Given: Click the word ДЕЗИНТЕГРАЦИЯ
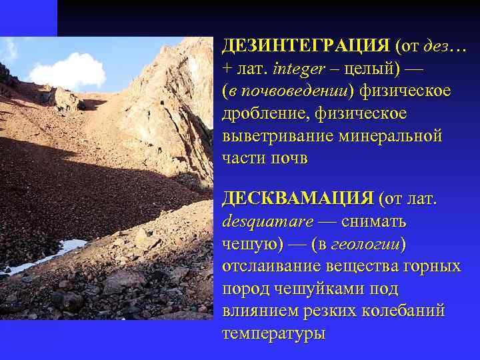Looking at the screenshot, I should click(x=305, y=46).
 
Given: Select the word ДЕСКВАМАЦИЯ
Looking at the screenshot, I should click(x=297, y=198).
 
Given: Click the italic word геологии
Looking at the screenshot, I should click(x=367, y=243).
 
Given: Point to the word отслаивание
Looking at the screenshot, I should click(x=271, y=266).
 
